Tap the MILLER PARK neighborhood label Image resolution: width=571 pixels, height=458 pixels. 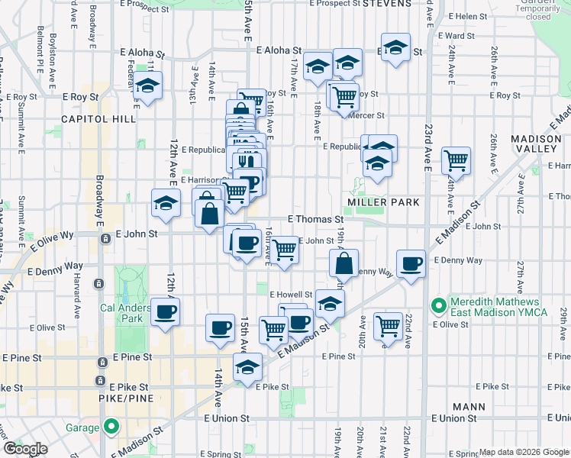(384, 202)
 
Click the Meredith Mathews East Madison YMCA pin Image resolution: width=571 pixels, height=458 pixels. (438, 307)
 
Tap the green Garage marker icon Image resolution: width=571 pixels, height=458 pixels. (112, 427)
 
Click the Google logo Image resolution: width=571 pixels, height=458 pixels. (25, 449)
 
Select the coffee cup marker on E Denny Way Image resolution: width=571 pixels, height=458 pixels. (411, 263)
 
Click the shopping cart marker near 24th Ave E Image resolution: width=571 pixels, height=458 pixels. (456, 160)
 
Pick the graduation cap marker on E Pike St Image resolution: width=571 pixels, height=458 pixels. (247, 367)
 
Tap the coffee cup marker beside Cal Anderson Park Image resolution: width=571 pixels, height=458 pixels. (165, 311)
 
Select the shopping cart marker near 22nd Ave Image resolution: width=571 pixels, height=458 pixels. (389, 325)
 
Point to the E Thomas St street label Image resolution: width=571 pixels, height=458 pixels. (315, 218)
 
